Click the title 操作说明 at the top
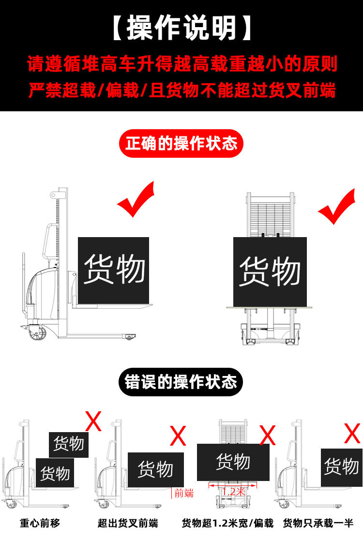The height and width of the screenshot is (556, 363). point(181,28)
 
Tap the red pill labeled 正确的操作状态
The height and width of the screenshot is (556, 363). point(181,144)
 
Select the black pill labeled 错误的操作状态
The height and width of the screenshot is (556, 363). point(181,382)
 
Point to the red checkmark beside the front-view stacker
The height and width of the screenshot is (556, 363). point(337,207)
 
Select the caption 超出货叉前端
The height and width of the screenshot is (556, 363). point(128,523)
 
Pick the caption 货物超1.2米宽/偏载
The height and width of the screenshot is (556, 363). point(227,523)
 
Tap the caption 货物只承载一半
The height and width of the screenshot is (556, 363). point(318,523)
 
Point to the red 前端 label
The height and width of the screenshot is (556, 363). point(184,493)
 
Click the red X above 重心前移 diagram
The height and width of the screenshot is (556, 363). point(93,421)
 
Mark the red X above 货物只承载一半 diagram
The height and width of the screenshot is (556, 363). point(352,433)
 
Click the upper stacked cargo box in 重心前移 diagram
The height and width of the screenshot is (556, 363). point(69,444)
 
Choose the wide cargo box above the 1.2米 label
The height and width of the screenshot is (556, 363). point(233,462)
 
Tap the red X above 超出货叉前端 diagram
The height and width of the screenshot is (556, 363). point(179,436)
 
